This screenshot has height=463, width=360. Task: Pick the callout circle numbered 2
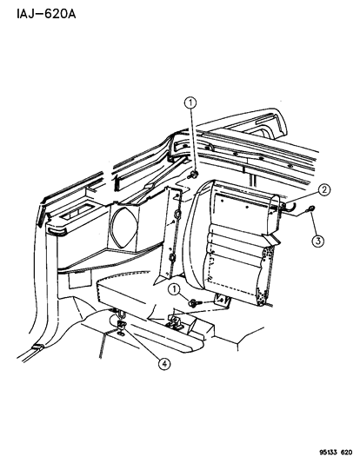click(x=323, y=189)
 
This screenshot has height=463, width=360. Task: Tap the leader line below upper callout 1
click(x=191, y=151)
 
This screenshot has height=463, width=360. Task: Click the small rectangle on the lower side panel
click(x=76, y=280)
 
